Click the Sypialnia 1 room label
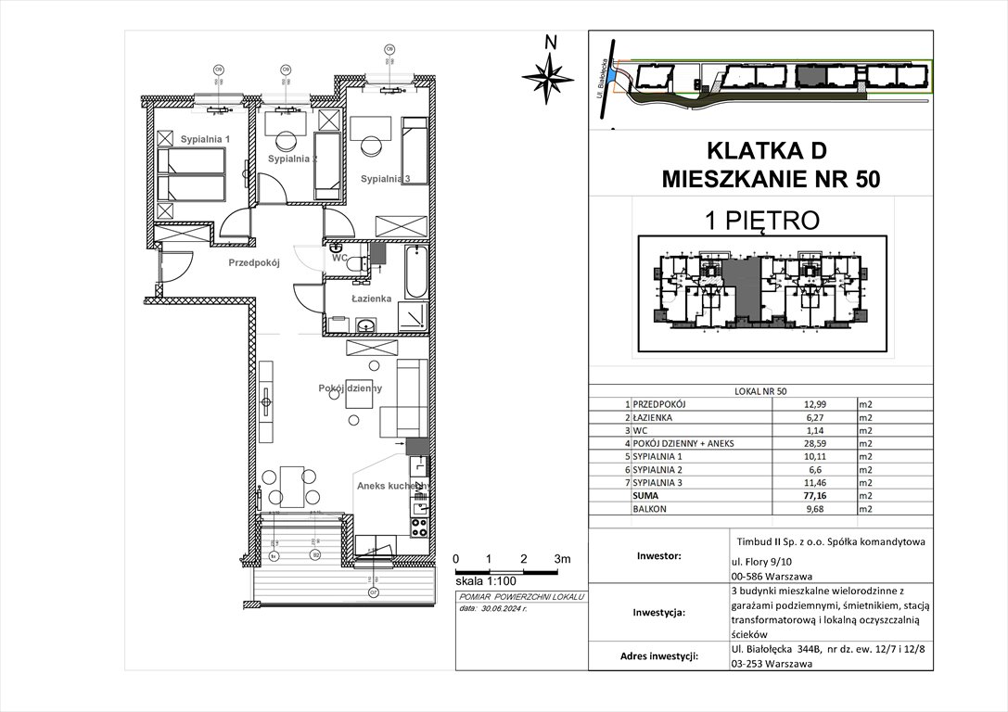pos(205,139)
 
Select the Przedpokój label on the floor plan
pos(255,262)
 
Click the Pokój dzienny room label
pos(351,388)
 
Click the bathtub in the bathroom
pos(415,270)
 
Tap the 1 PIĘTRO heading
pos(759,220)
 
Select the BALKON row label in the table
pos(650,509)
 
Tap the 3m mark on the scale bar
pos(562,559)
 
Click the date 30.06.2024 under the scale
pos(504,609)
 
